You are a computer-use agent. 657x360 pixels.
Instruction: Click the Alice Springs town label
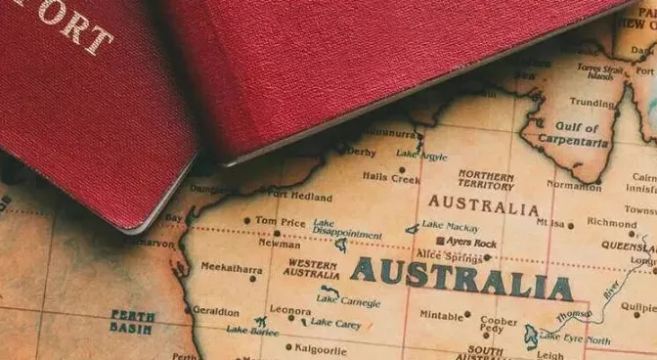[x=451, y=257]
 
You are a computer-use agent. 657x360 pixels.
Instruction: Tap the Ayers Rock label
[x=471, y=242]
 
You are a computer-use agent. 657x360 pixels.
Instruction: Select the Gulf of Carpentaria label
[x=568, y=135]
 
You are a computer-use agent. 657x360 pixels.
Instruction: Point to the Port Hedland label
[x=299, y=197]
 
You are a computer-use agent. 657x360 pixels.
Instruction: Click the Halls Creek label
[x=391, y=178]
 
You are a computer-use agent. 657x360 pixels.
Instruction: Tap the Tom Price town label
[x=280, y=221]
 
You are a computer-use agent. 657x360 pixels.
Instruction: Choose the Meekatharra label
[x=232, y=267]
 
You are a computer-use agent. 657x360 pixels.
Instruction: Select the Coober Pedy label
[x=499, y=325]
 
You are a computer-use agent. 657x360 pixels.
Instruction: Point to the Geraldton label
[x=216, y=311]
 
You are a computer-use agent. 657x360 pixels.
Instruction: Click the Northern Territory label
[x=486, y=180]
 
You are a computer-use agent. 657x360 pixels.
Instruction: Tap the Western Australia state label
[x=312, y=269]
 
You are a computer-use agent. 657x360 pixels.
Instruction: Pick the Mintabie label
[x=441, y=316]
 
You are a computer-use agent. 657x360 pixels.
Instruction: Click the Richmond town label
[x=612, y=222]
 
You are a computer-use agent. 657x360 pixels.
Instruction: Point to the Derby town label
[x=361, y=152]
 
